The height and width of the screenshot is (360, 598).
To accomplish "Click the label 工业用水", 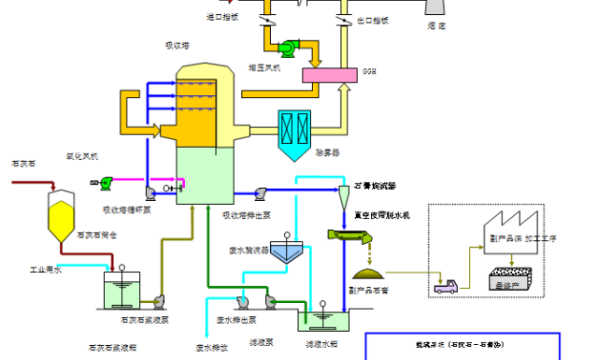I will [45, 270].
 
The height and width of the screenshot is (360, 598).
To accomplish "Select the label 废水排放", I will [212, 347].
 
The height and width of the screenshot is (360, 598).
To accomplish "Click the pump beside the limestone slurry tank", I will [158, 301].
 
